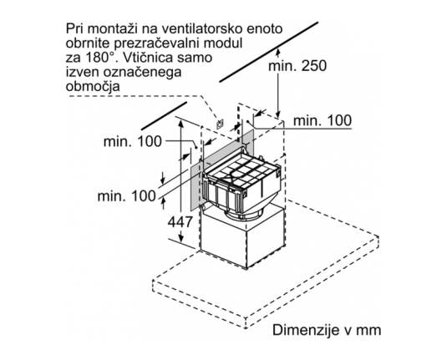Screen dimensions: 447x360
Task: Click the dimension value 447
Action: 180,221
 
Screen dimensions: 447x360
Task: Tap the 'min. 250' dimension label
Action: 297,66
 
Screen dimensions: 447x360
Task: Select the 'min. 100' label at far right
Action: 323,120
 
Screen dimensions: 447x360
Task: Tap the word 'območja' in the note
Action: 93,87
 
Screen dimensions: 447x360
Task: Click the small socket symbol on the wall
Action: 220,124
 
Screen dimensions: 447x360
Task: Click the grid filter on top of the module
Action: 242,171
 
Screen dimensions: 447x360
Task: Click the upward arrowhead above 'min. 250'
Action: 278,53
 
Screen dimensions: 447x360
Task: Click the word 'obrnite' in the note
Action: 88,43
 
